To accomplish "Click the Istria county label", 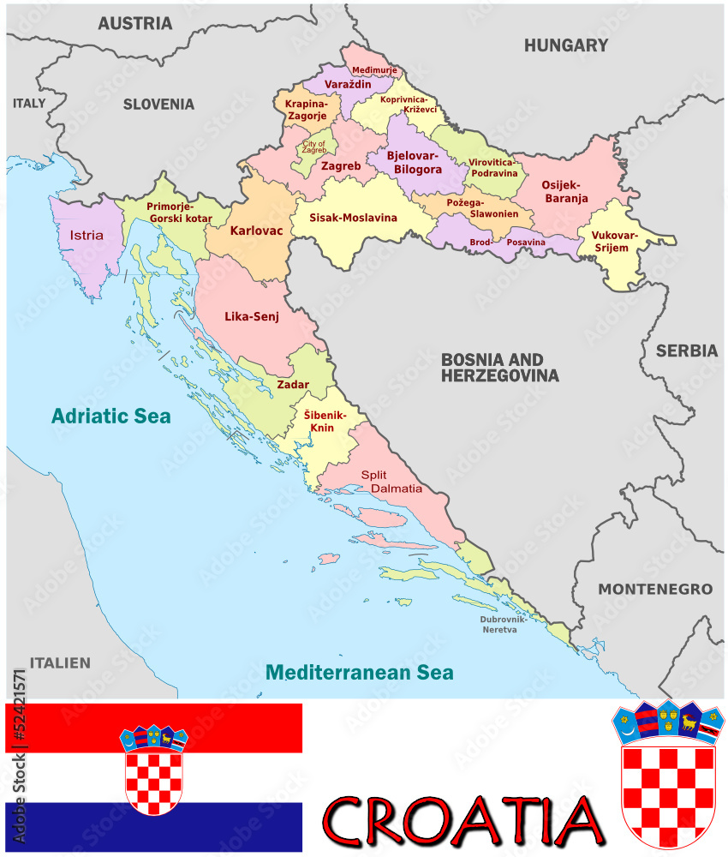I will [87, 235].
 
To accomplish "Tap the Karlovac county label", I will [256, 231].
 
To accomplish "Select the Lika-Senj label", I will [249, 316].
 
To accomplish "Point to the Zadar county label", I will [293, 385].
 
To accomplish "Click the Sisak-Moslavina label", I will [354, 218].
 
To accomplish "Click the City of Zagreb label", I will [313, 147].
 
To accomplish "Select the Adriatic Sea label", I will [110, 417].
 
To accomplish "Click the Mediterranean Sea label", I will [358, 673].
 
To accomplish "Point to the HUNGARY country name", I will [566, 45].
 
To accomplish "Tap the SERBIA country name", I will [687, 351].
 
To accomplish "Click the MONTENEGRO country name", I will [655, 590].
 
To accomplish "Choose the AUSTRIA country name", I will [135, 23].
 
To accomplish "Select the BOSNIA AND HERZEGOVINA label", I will [499, 368].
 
